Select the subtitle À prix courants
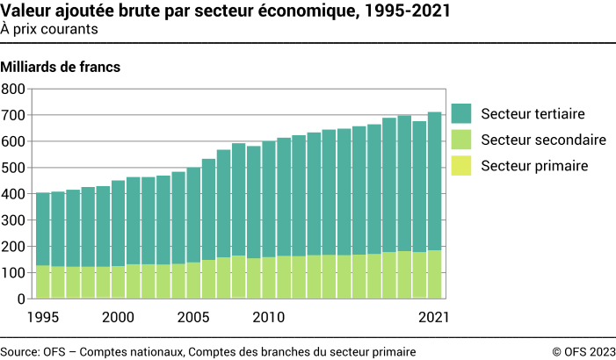coord(49,29)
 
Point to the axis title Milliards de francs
coord(61,67)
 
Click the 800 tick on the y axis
coord(14,89)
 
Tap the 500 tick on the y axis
coord(14,168)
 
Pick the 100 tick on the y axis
coord(14,273)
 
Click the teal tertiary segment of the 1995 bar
coord(43,228)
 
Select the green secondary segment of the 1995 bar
coord(43,281)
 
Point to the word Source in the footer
coord(18,351)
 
